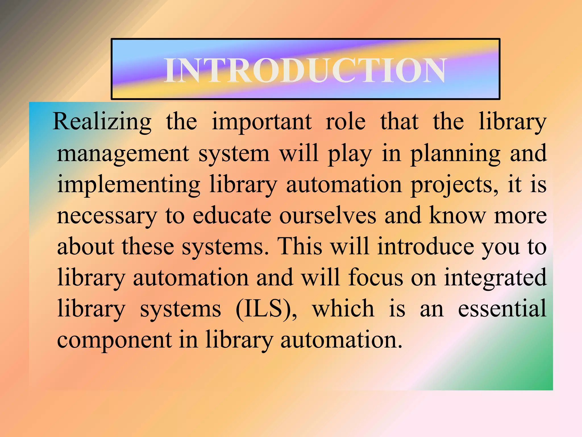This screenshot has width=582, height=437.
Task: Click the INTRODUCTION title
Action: (x=305, y=70)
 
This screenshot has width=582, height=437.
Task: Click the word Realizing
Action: (x=102, y=122)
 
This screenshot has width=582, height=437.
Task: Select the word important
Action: (x=262, y=122)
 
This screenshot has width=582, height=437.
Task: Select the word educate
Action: (x=232, y=216)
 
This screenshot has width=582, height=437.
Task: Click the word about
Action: (x=86, y=246)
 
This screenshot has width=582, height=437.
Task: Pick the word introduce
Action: (x=425, y=246)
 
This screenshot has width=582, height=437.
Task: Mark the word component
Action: (x=115, y=340)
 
